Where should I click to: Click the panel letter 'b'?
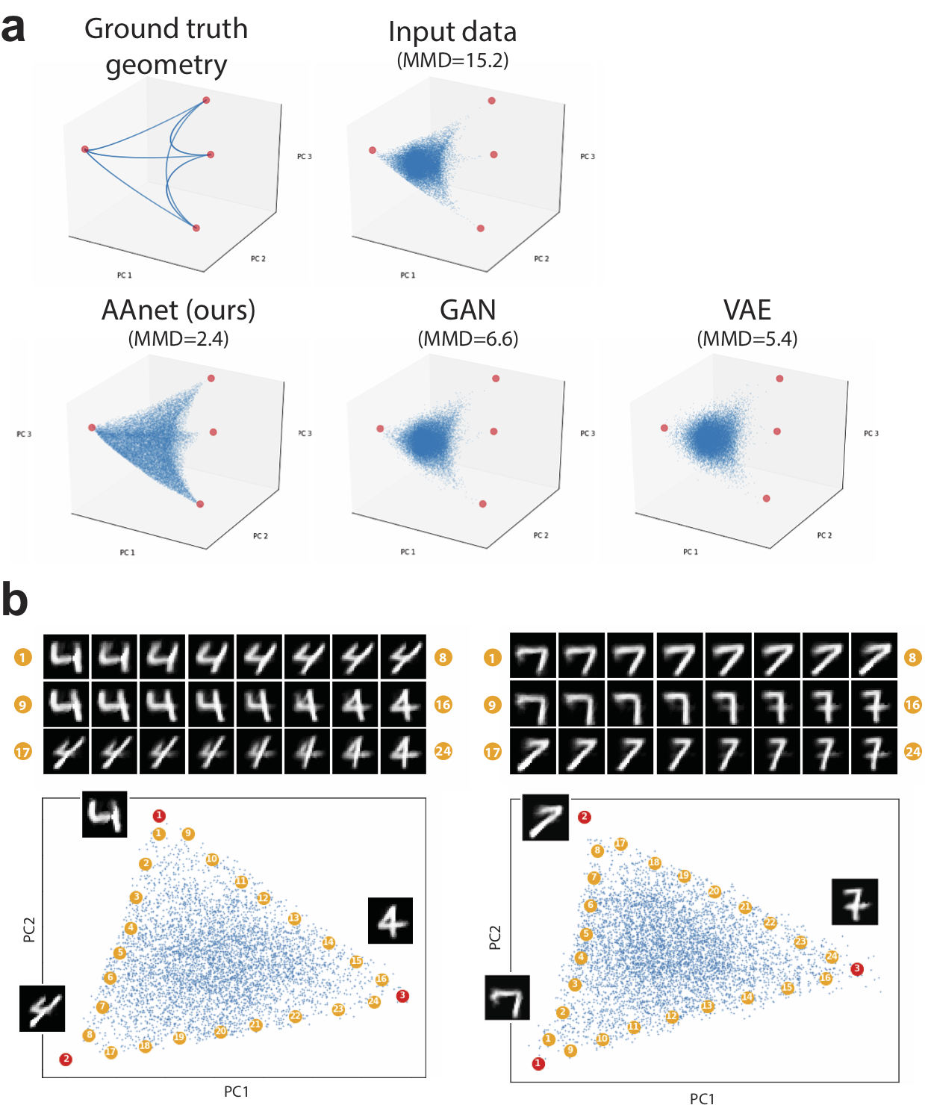(14, 600)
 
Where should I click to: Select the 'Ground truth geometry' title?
(166, 46)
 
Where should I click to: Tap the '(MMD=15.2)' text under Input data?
(452, 60)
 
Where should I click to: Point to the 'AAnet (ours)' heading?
(178, 310)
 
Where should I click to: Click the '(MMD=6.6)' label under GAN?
(467, 339)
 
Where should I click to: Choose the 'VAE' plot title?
(747, 310)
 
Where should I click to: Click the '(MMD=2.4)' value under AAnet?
(178, 339)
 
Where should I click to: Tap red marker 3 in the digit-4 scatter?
(402, 995)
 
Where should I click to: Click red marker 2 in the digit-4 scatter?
(66, 1059)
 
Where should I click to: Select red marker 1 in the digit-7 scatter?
(538, 1063)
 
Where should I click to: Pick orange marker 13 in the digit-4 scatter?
(294, 918)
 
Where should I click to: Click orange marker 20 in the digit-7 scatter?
(714, 891)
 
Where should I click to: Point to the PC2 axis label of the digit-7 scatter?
(494, 938)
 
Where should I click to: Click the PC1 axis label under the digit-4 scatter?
(236, 1092)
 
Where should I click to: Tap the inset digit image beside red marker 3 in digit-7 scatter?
(855, 902)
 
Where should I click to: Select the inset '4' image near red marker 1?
(105, 814)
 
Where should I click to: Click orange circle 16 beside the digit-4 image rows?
(443, 704)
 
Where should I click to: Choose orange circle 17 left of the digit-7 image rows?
(492, 752)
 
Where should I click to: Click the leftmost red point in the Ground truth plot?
(85, 149)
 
